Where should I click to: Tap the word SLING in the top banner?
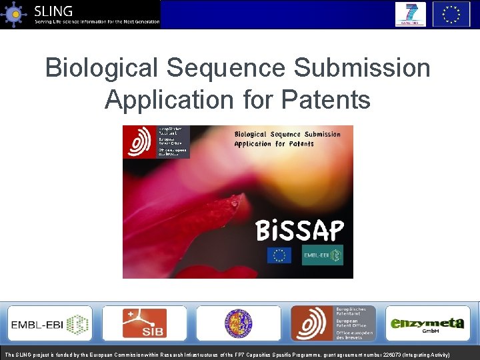click(54, 11)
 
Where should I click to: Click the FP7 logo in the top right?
click(410, 14)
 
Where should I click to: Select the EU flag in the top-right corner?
click(451, 14)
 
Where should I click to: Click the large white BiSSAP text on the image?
click(300, 231)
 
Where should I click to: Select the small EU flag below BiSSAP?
click(279, 255)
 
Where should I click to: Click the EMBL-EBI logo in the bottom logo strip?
click(49, 323)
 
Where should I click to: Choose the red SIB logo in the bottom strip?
click(144, 323)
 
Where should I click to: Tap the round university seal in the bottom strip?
click(238, 323)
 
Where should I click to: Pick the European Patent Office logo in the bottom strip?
click(333, 323)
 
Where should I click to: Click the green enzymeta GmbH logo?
click(427, 324)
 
